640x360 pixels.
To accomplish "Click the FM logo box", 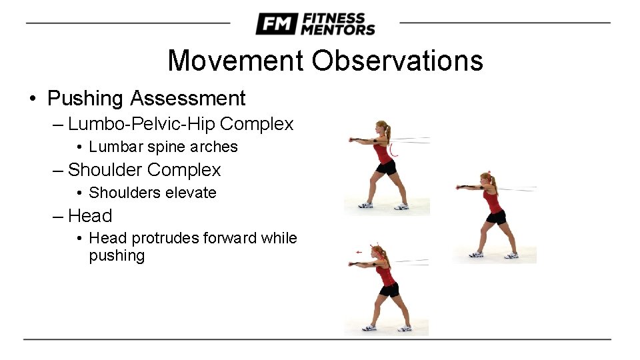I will point(275,24).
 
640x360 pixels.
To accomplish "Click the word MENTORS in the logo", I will point(338,29).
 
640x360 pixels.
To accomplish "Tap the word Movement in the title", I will point(236,61).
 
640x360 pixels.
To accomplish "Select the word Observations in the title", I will point(397,61).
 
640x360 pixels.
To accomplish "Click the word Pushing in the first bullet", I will point(85,99).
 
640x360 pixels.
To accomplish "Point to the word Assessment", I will point(188,99).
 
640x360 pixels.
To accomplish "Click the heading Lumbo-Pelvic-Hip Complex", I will point(181,124).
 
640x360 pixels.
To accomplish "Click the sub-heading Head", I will point(90,216).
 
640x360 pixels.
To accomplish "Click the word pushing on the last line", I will point(117,256).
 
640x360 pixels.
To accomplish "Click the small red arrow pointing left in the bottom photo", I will point(360,252).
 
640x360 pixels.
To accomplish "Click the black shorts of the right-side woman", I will point(496,217).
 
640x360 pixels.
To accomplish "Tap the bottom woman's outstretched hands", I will point(353,264).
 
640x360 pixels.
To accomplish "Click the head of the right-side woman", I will point(488,180).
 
